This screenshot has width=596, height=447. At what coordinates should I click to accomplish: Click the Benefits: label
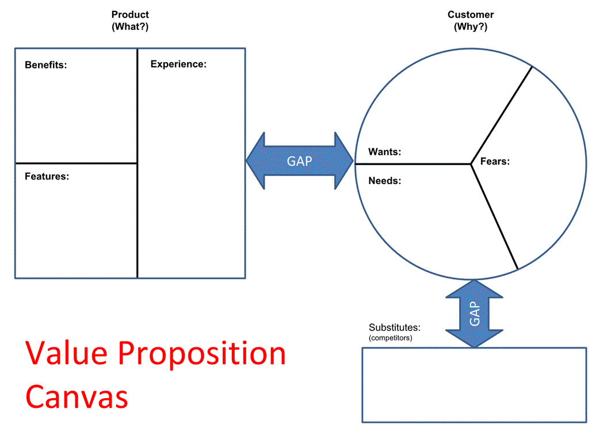[46, 65]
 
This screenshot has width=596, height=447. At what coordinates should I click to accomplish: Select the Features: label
[47, 177]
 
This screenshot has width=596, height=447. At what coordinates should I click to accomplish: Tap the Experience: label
[178, 64]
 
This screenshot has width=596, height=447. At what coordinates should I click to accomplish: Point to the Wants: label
[385, 152]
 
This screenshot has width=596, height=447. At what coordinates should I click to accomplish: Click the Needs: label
[385, 181]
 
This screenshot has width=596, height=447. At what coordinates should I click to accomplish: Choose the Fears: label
[495, 162]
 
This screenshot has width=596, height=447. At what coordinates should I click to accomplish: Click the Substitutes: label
[395, 328]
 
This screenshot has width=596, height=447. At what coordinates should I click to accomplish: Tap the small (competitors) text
[391, 338]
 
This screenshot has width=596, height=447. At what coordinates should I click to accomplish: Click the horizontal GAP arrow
[300, 161]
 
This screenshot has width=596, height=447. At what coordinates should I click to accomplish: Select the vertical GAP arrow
[475, 314]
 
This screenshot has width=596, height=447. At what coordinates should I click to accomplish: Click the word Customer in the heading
[471, 15]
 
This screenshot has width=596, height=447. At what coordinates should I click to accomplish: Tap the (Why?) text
[471, 26]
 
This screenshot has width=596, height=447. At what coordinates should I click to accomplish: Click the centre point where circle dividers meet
[471, 164]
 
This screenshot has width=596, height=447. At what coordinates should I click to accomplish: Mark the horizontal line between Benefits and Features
[76, 163]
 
